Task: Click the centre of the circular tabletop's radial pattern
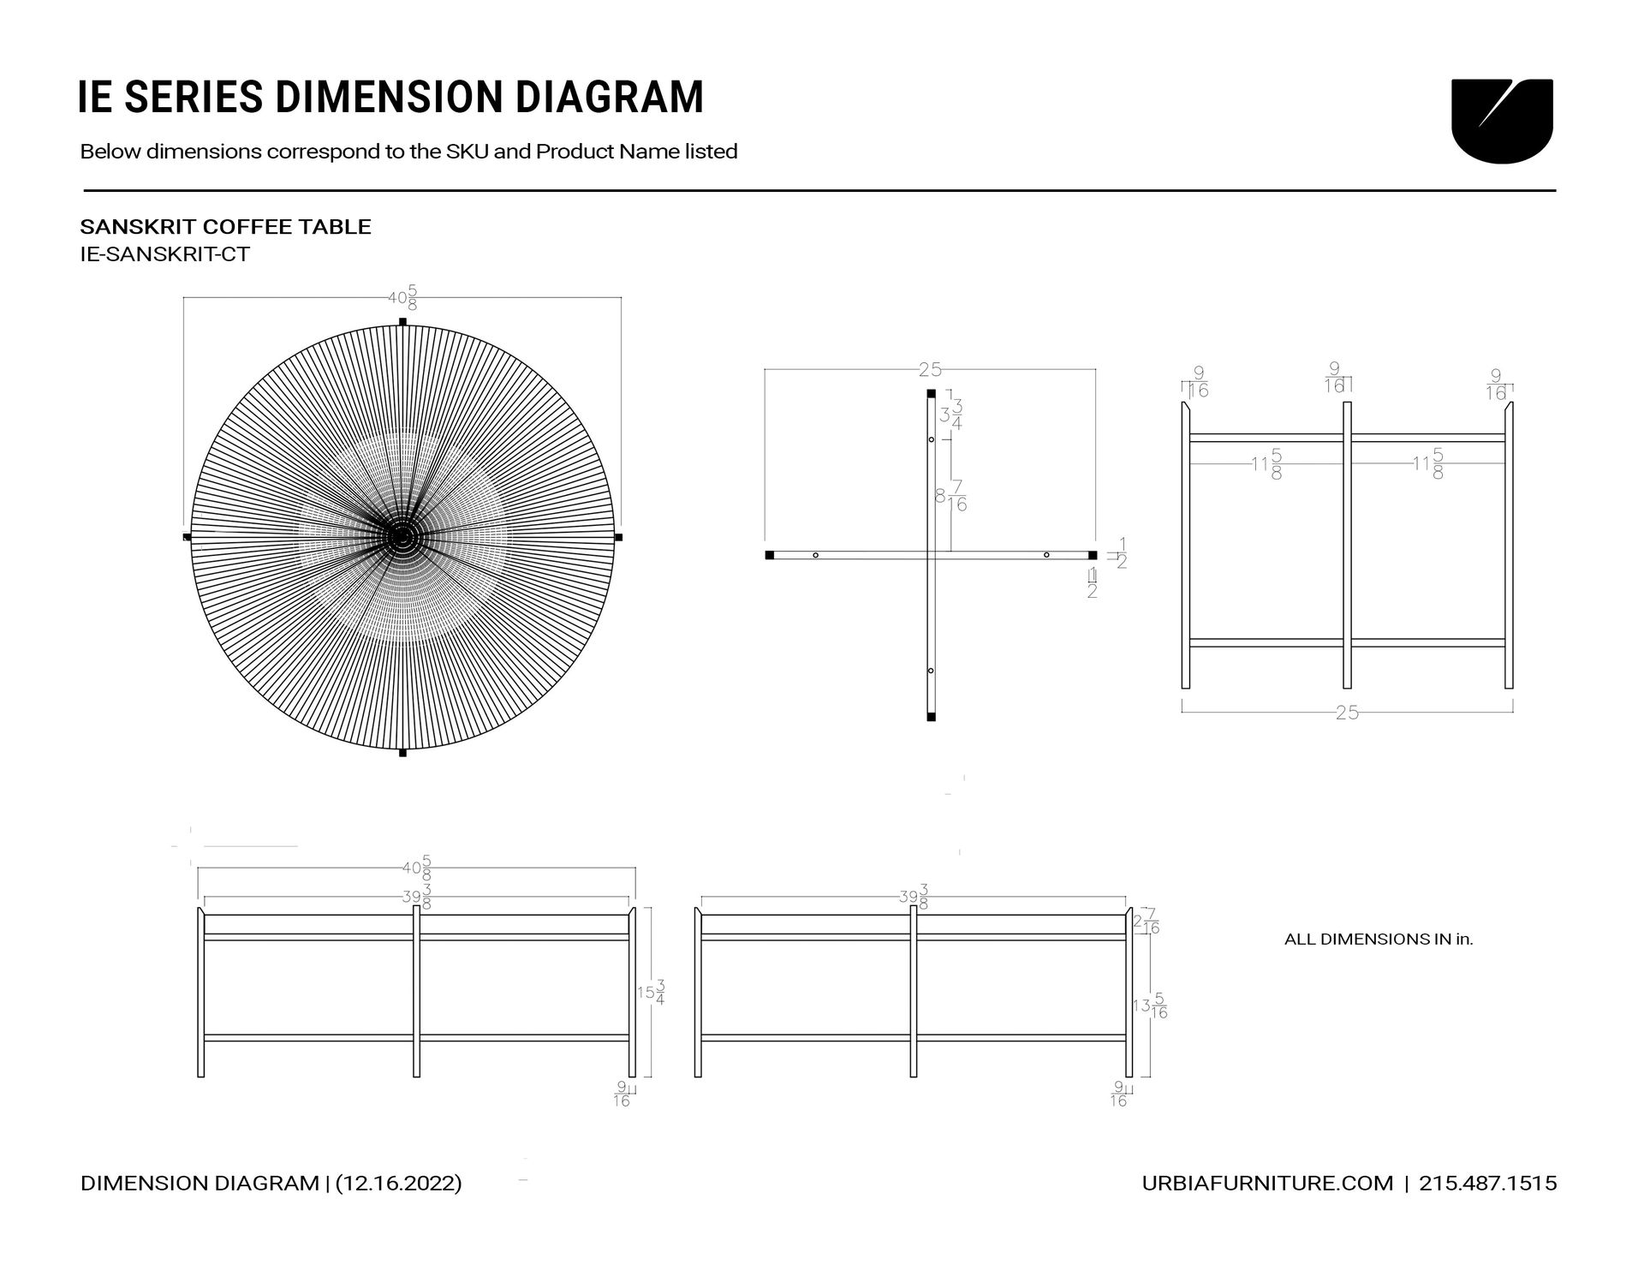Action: tap(402, 537)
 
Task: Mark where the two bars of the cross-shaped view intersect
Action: tap(931, 555)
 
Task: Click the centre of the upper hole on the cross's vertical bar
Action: tap(931, 439)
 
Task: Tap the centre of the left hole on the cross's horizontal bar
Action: tap(815, 555)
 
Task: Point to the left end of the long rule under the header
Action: tap(83, 190)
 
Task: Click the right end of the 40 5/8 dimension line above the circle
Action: tap(621, 297)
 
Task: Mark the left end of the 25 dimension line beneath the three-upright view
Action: tap(1182, 712)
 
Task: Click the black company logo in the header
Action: tap(1502, 121)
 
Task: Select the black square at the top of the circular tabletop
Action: tap(402, 322)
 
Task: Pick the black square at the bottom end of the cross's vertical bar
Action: tap(931, 716)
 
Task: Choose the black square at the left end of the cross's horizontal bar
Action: tap(769, 555)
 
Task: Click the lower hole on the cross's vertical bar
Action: tap(931, 671)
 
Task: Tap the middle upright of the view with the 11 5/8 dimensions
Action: tap(1347, 545)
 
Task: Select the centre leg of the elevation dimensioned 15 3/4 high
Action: tap(416, 991)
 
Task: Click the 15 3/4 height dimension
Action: tap(651, 993)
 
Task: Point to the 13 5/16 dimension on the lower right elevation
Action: tap(1150, 1005)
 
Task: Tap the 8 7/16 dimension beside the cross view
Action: tap(950, 496)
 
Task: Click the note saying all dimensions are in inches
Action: tap(1379, 939)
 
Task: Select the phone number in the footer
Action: tap(1488, 1183)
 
